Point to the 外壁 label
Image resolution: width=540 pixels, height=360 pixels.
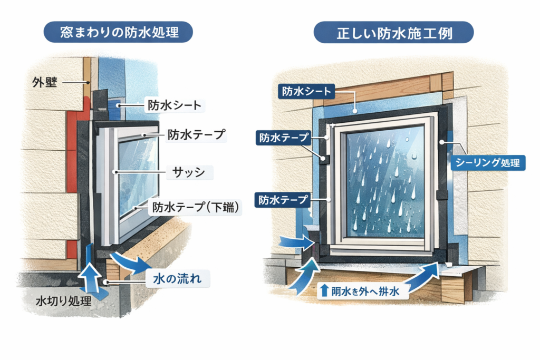point(44,82)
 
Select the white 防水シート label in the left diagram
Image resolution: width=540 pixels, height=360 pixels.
point(173,105)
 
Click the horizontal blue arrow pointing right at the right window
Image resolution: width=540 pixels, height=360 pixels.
point(296,242)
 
